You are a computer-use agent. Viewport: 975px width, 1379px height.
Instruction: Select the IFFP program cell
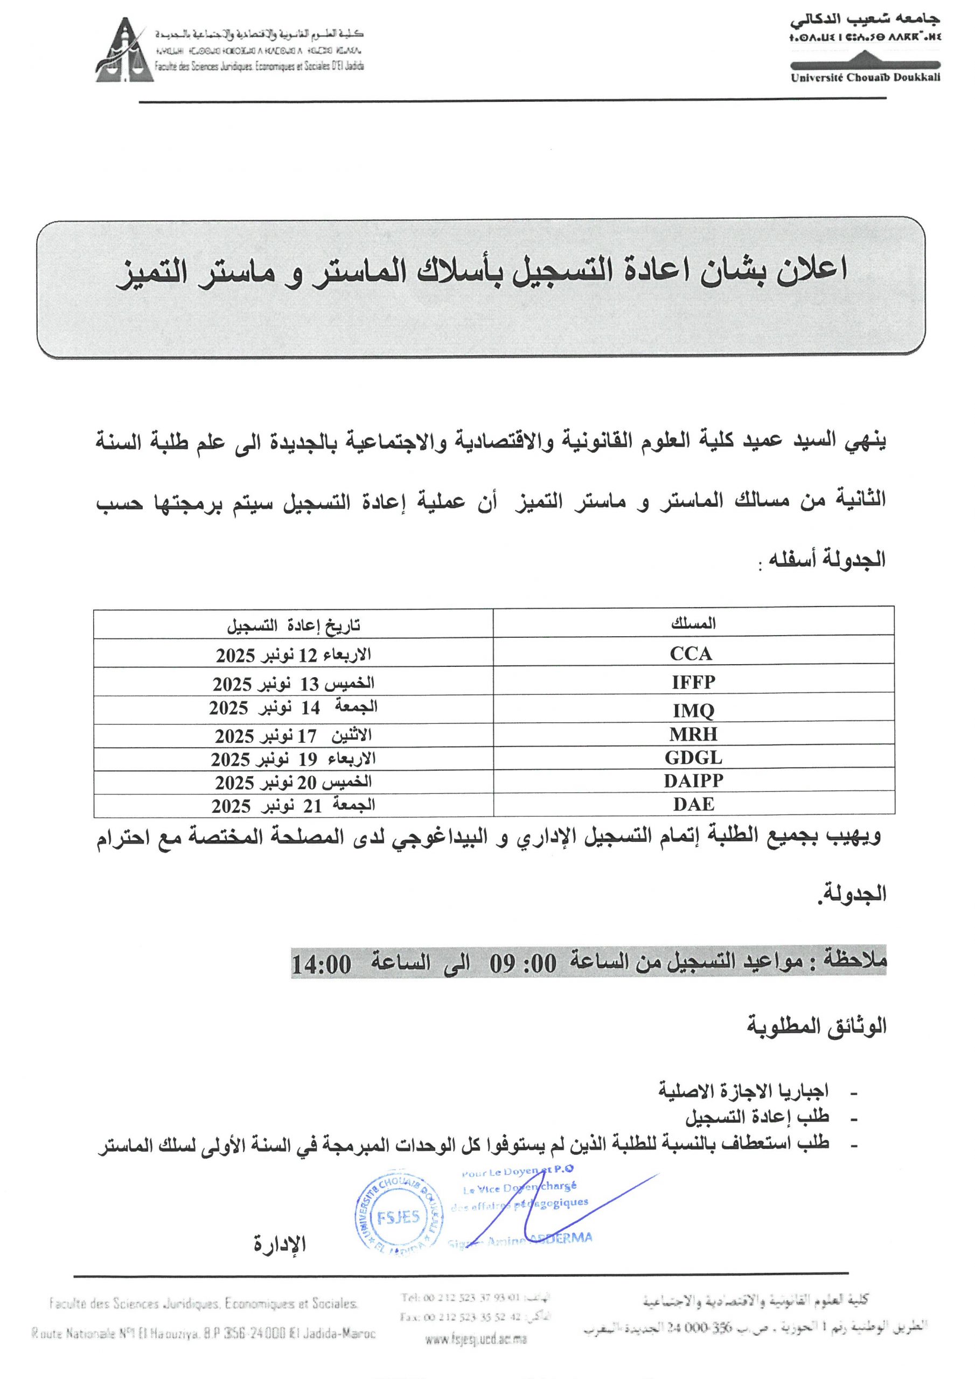point(693,682)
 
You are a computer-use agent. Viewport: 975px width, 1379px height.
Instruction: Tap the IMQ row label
point(693,711)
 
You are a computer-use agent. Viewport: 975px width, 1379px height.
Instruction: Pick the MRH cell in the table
point(693,734)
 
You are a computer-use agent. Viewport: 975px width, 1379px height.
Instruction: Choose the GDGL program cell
point(693,758)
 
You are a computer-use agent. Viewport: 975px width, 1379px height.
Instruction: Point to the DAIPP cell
point(693,781)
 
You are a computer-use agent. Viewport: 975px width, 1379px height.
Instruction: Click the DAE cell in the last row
point(693,804)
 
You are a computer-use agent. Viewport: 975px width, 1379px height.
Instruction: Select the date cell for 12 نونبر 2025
point(293,654)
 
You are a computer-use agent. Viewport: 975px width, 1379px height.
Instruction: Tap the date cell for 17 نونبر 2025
point(293,735)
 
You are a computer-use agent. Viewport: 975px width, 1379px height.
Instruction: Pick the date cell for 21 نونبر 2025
point(293,805)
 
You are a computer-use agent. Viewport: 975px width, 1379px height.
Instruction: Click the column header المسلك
point(693,624)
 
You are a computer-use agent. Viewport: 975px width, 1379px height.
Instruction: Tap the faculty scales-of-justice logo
point(124,51)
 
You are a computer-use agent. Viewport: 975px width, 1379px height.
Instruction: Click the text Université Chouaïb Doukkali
point(865,78)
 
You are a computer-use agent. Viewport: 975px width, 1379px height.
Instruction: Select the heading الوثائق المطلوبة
point(817,1026)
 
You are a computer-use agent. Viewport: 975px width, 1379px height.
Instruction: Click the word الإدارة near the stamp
point(280,1244)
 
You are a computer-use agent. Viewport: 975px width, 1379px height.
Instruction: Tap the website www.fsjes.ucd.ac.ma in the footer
point(476,1339)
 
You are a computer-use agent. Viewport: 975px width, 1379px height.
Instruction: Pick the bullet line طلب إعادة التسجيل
point(757,1116)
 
